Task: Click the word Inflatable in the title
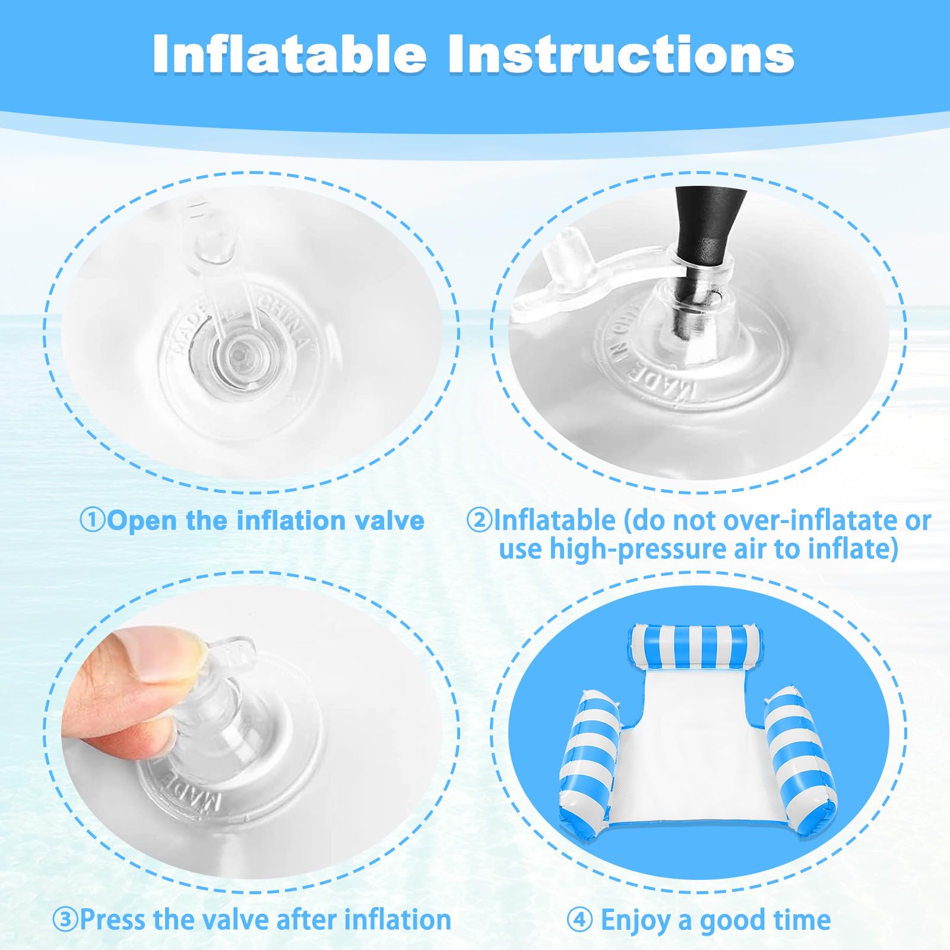click(290, 54)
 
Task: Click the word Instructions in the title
click(622, 54)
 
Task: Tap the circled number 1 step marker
click(93, 521)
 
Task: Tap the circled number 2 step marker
click(479, 521)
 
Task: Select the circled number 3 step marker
click(65, 920)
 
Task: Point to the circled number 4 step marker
click(579, 920)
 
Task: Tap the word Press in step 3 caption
click(113, 920)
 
